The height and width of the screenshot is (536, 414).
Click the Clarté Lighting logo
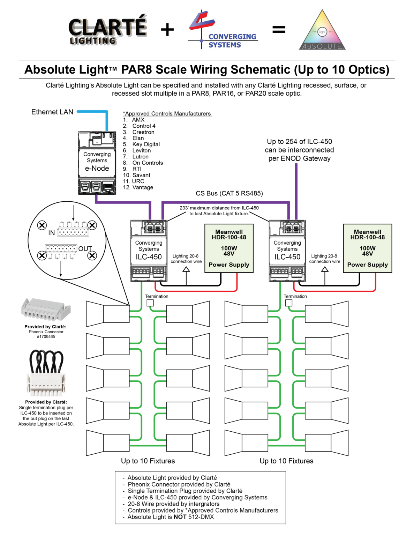107,30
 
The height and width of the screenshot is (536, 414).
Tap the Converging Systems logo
223,30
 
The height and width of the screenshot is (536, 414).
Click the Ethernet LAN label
52,112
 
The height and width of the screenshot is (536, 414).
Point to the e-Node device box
97,163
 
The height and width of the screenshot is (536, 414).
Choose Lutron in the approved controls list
140,157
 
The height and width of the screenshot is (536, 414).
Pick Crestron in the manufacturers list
143,132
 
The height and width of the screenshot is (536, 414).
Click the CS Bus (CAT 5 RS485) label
229,193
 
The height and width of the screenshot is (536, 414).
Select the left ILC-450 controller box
149,251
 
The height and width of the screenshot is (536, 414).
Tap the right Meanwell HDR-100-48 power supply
367,248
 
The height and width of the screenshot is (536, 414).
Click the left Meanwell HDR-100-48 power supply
229,248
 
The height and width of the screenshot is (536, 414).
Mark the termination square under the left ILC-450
150,303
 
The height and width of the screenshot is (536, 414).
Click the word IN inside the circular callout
52,233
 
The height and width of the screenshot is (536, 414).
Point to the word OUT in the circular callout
85,249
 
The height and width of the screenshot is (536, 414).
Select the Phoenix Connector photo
46,309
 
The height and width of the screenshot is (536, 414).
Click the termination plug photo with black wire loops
46,373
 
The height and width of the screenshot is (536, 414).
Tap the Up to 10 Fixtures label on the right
286,461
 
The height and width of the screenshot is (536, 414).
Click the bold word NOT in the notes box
180,517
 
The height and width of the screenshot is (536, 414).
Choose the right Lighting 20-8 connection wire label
324,259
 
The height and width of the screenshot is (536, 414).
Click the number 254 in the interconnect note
291,142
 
